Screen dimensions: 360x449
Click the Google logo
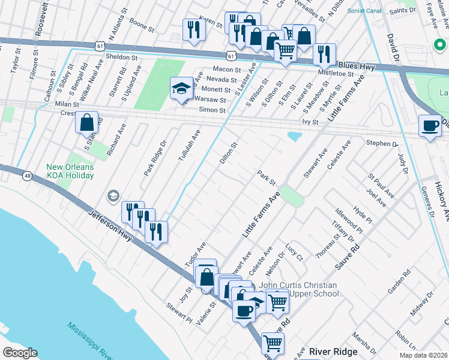tap(20, 353)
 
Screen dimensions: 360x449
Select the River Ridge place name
tap(333, 351)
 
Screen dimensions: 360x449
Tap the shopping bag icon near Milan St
tap(86, 122)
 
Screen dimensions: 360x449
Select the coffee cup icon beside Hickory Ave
tap(429, 125)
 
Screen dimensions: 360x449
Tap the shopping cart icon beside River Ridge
tap(273, 343)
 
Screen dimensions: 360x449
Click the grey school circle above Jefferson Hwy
tap(113, 196)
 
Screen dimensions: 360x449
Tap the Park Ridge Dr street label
tap(154, 158)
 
